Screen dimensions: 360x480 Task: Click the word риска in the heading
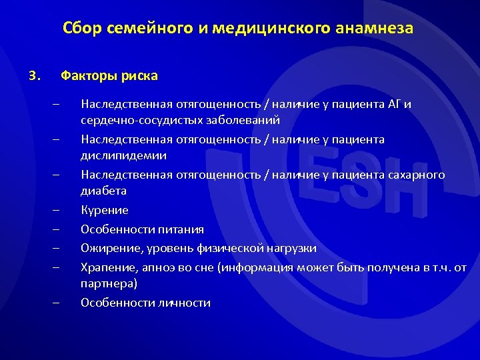tap(139, 75)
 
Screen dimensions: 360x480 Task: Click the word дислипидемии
tap(123, 155)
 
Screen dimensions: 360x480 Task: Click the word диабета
tap(103, 191)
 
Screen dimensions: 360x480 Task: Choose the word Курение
tap(105, 210)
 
